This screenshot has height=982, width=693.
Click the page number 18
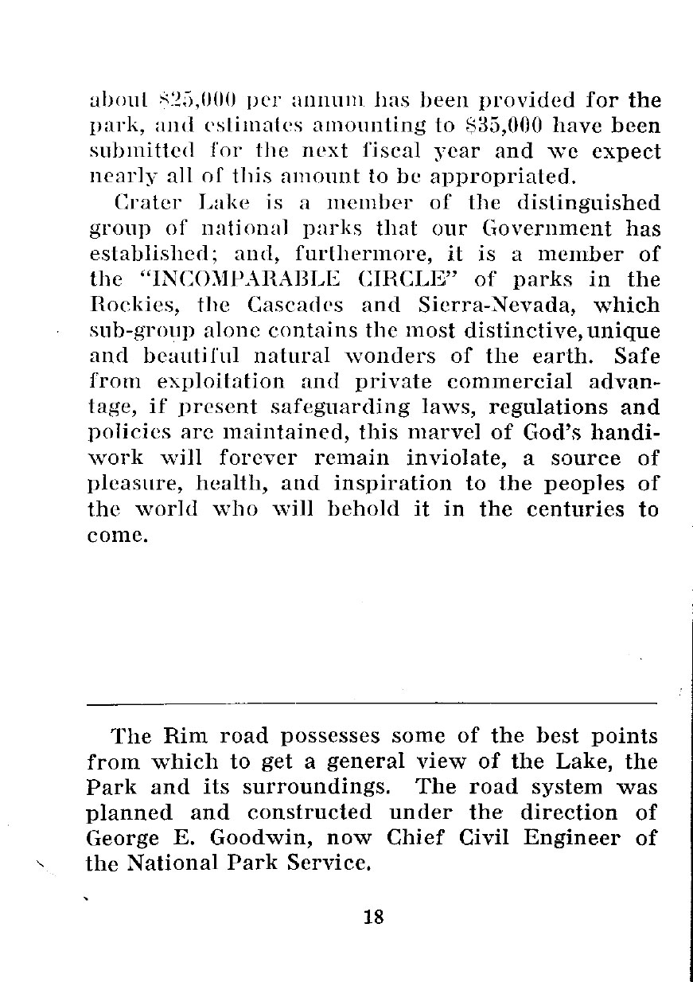373,917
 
